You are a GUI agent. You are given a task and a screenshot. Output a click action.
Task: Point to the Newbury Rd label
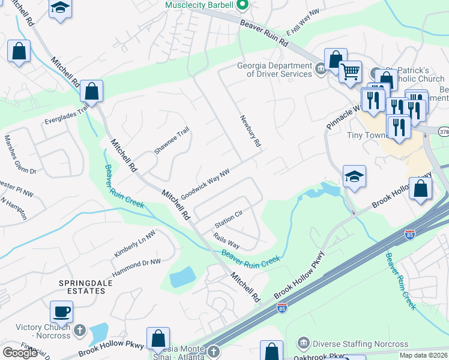coord(252,132)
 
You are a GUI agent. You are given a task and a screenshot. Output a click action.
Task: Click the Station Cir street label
coord(228,221)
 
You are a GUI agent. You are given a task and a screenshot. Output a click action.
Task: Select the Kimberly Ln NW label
coord(134,244)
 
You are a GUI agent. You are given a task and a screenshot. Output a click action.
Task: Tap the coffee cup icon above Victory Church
coord(61,311)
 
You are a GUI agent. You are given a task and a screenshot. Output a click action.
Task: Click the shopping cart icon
coord(351,72)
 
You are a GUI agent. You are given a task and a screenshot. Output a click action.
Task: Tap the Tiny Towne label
coord(369,135)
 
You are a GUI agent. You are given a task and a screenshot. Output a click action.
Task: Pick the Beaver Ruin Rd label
coord(265,34)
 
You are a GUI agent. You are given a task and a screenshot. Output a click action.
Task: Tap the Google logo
coord(20,353)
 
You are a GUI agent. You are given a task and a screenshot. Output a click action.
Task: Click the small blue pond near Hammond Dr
coord(182,277)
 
